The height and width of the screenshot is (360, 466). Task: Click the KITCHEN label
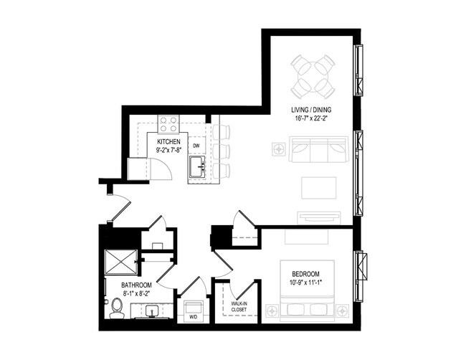[169, 142]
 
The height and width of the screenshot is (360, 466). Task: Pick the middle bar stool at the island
[222, 151]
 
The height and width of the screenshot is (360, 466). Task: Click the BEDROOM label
[306, 274]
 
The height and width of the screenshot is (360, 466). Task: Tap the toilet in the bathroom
[116, 309]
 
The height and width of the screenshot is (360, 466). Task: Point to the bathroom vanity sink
[151, 311]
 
